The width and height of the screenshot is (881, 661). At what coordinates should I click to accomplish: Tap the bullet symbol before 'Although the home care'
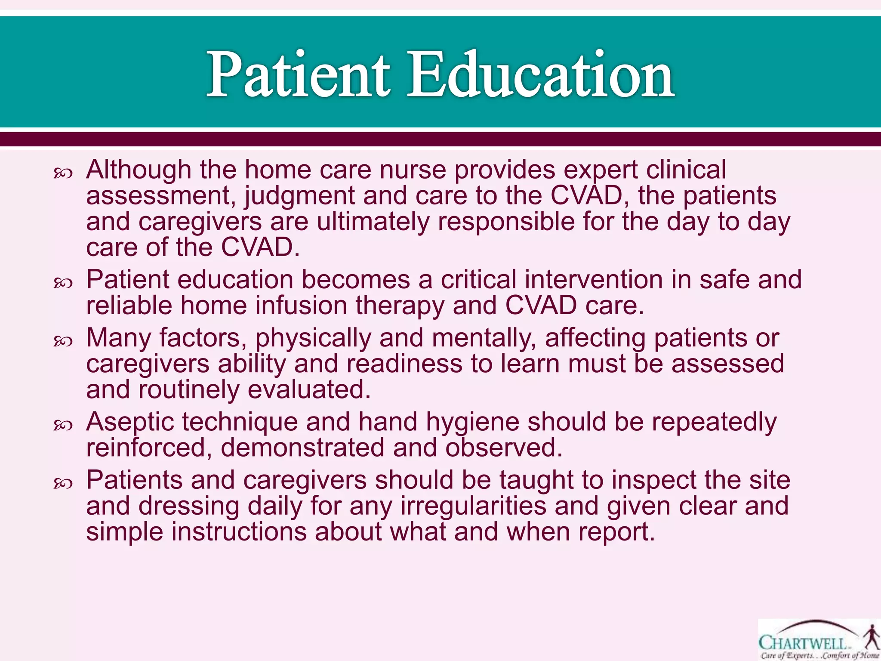click(x=63, y=173)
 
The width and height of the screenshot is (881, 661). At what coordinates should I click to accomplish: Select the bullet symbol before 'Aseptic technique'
click(x=63, y=426)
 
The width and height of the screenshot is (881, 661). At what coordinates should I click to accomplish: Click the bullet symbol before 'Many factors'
click(x=63, y=342)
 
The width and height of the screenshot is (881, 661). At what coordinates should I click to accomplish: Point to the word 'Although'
click(x=139, y=170)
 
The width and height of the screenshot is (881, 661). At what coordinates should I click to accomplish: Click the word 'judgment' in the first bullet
click(x=299, y=197)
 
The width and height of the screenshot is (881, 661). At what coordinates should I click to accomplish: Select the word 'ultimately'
click(x=373, y=222)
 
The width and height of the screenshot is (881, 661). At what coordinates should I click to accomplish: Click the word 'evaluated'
click(x=309, y=390)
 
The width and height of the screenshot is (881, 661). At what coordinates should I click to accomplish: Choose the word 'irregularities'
click(x=473, y=506)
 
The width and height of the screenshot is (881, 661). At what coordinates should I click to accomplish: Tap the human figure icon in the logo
click(x=872, y=638)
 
